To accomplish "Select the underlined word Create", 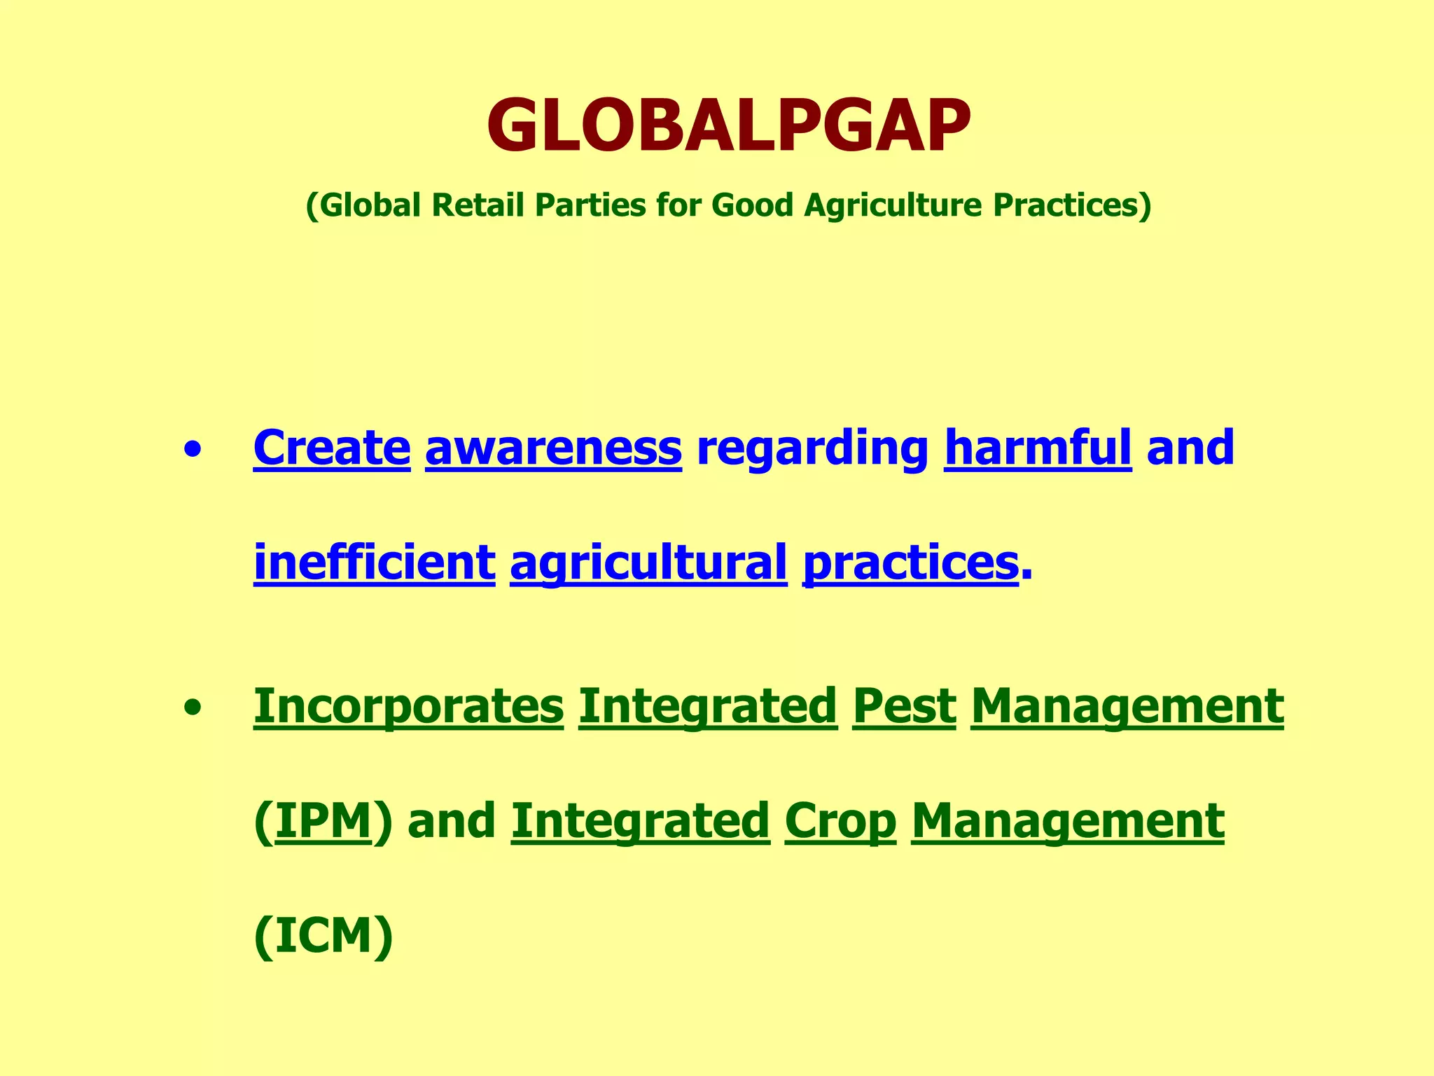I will [x=331, y=448].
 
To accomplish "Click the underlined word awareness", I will [x=553, y=448].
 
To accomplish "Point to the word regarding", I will [x=812, y=449].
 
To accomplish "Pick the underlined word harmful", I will [x=1038, y=448].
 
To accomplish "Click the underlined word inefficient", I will [x=375, y=563].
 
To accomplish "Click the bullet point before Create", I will [x=193, y=450].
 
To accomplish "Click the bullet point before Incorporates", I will [x=193, y=708].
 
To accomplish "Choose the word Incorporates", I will [x=408, y=706].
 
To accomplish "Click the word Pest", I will [x=904, y=706].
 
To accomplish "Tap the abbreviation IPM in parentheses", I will [x=323, y=821].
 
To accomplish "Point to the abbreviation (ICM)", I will [x=323, y=937].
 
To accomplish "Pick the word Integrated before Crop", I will [x=640, y=821].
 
